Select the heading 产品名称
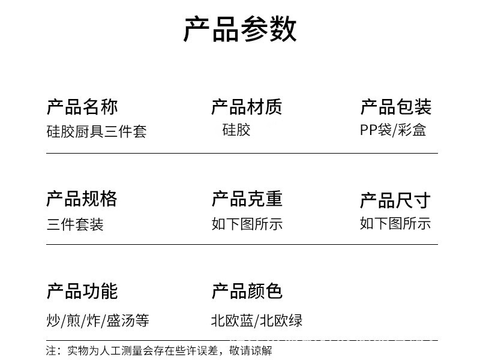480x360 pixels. click(82, 107)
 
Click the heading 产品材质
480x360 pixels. click(246, 107)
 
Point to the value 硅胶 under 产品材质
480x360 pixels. click(236, 130)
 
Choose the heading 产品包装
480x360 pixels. click(395, 107)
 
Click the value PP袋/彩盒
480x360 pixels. click(393, 130)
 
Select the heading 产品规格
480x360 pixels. click(82, 199)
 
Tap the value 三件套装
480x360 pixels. click(75, 224)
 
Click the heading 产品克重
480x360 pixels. click(247, 199)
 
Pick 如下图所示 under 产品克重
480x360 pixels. click(247, 224)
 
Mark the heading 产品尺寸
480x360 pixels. click(395, 200)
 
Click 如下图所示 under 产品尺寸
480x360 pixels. click(395, 224)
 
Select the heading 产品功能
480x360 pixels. click(82, 292)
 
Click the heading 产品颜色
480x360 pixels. click(247, 292)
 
